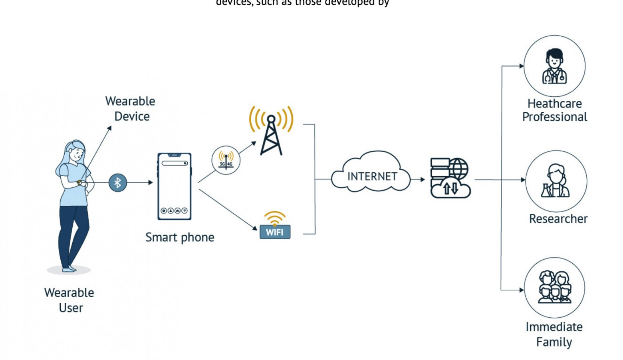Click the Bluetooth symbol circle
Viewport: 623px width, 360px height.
pyautogui.click(x=118, y=183)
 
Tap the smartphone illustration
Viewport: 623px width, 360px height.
pyautogui.click(x=175, y=186)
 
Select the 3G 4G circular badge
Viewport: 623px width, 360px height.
pyautogui.click(x=226, y=160)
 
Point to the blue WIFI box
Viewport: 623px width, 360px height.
pyautogui.click(x=275, y=232)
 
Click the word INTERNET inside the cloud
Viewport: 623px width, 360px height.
pyautogui.click(x=372, y=176)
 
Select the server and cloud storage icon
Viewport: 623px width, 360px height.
pyautogui.click(x=450, y=178)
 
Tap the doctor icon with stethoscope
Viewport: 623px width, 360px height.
pyautogui.click(x=554, y=66)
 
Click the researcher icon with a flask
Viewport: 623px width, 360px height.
pyautogui.click(x=556, y=181)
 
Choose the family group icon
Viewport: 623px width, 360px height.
pyautogui.click(x=554, y=288)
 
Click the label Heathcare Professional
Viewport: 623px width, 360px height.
pyautogui.click(x=555, y=110)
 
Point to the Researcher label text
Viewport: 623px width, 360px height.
pyautogui.click(x=558, y=219)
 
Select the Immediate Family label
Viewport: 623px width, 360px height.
pyautogui.click(x=554, y=334)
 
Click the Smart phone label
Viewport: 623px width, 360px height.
pyautogui.click(x=180, y=237)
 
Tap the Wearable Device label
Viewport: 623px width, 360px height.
pyautogui.click(x=131, y=109)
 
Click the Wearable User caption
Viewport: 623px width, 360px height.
pyautogui.click(x=69, y=300)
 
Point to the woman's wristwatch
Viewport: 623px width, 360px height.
pyautogui.click(x=79, y=183)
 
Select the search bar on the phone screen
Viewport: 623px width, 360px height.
pyautogui.click(x=175, y=163)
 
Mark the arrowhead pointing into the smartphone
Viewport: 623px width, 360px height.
pyautogui.click(x=151, y=183)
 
